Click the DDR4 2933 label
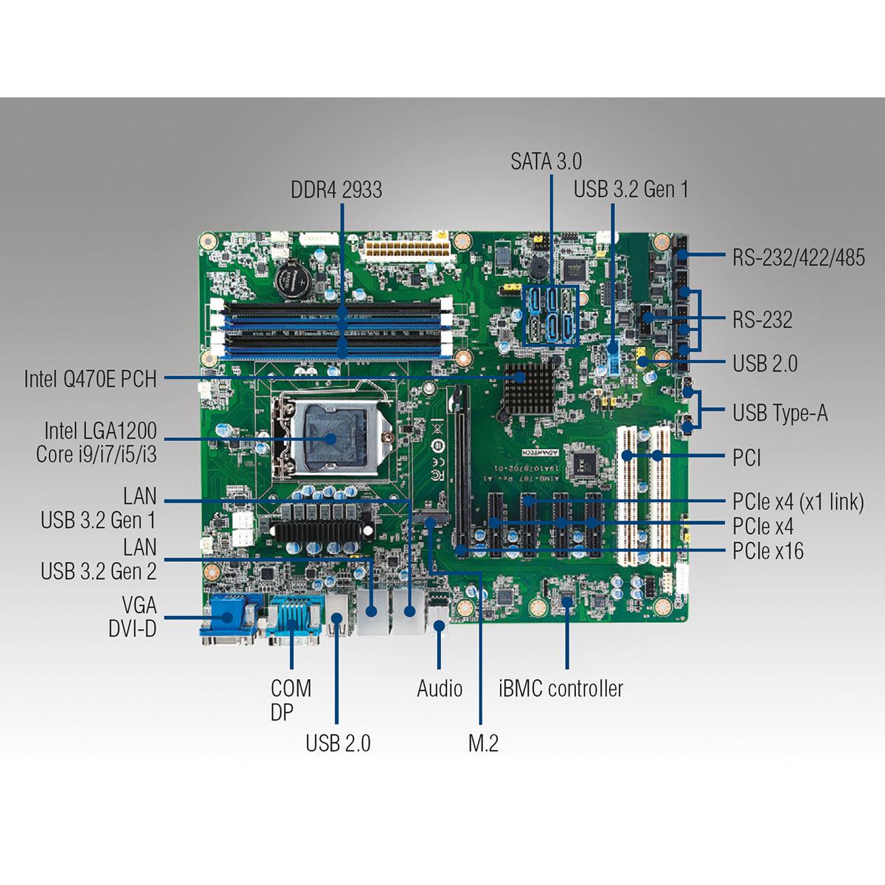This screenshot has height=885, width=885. [336, 190]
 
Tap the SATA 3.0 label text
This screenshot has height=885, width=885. [546, 162]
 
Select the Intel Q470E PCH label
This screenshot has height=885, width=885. [90, 379]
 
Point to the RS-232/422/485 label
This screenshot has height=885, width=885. [798, 257]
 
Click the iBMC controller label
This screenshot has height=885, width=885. [560, 689]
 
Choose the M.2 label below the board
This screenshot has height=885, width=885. [483, 743]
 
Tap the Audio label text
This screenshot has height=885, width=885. [440, 689]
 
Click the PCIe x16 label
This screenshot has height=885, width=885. [768, 551]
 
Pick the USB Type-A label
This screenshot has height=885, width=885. [780, 413]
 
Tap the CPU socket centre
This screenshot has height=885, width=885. [330, 439]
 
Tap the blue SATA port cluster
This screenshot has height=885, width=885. [550, 316]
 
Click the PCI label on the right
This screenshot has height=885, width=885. [746, 458]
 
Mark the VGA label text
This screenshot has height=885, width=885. [139, 605]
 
